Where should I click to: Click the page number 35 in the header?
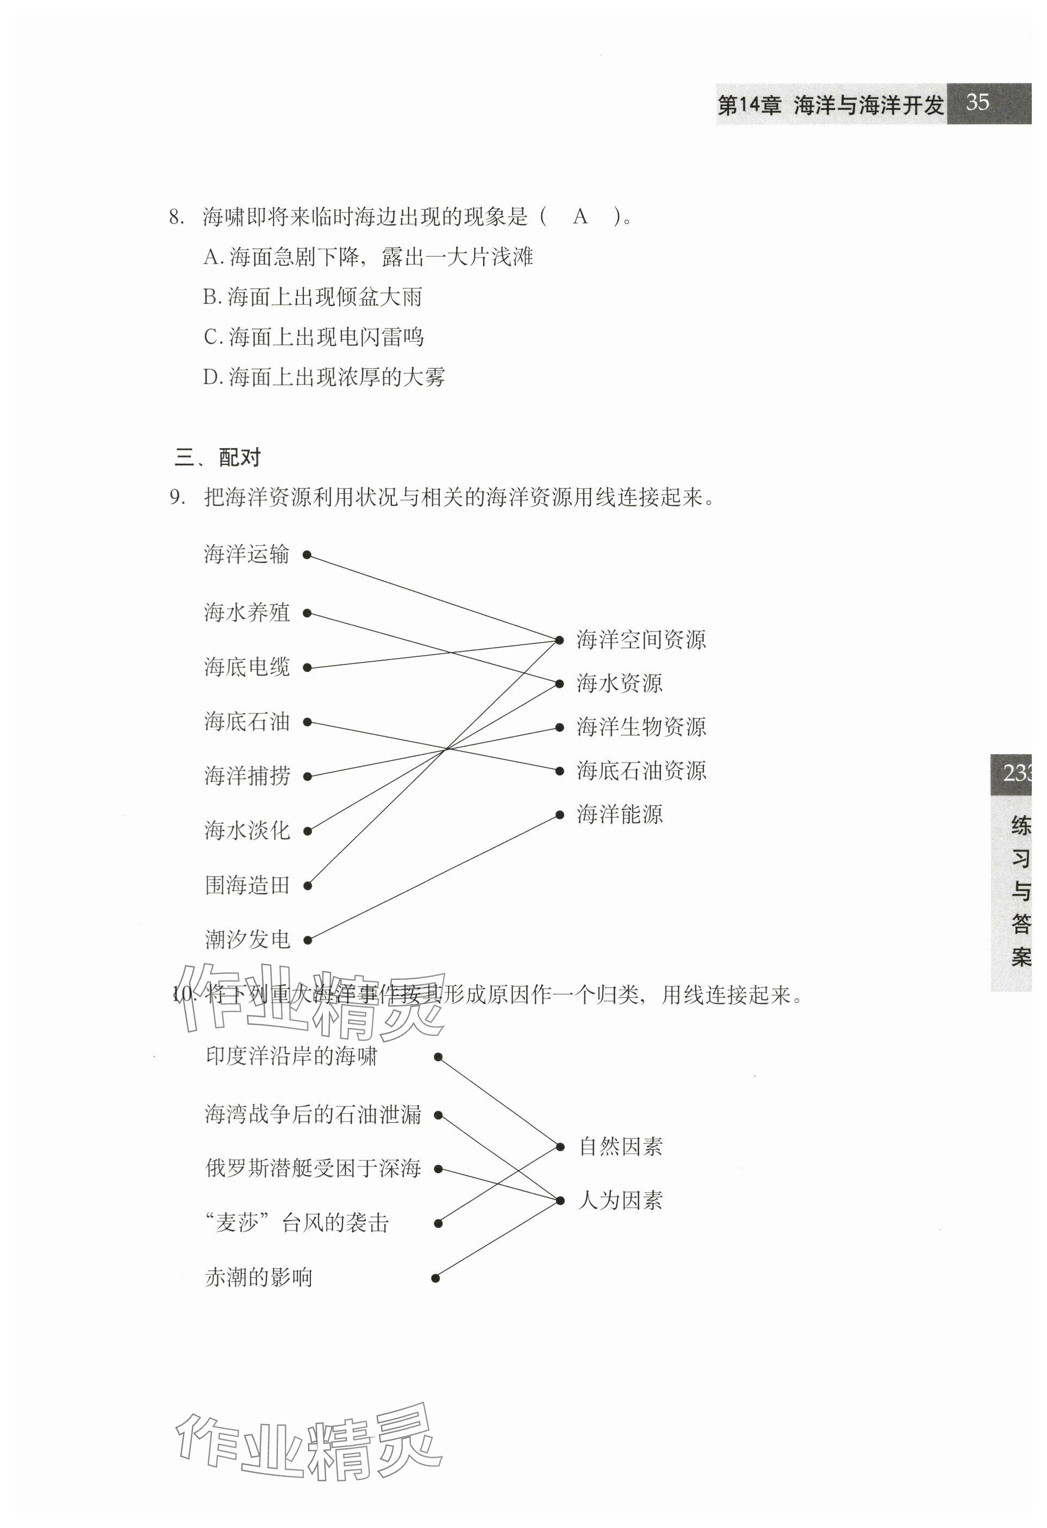977,103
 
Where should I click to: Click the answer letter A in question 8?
579,216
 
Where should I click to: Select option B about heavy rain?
312,297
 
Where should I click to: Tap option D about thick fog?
324,377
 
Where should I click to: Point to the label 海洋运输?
246,554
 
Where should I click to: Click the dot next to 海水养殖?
306,613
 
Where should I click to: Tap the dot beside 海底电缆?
306,668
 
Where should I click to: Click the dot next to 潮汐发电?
307,940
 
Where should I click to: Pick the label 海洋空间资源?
641,639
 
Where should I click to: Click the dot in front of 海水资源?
559,684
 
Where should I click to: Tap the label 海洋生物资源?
641,727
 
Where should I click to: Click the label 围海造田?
247,885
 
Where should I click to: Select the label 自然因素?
620,1147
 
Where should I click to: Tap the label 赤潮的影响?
258,1277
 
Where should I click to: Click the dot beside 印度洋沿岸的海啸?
438,1057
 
